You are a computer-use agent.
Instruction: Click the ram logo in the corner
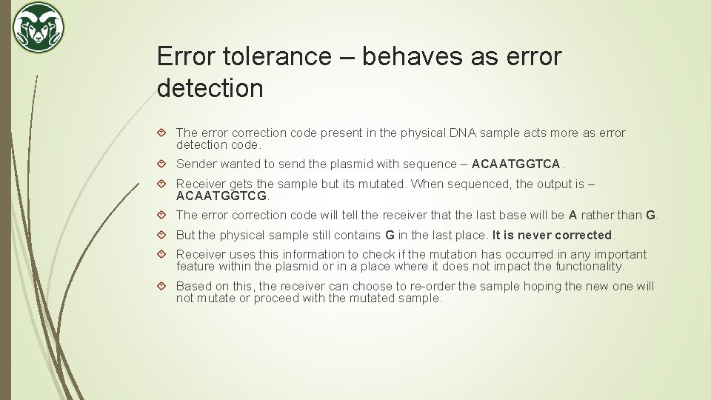point(39,28)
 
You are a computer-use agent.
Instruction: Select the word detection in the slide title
point(210,88)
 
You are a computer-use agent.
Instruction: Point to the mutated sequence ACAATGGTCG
point(222,196)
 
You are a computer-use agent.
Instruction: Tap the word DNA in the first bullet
point(462,133)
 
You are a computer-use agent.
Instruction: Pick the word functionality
point(586,266)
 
